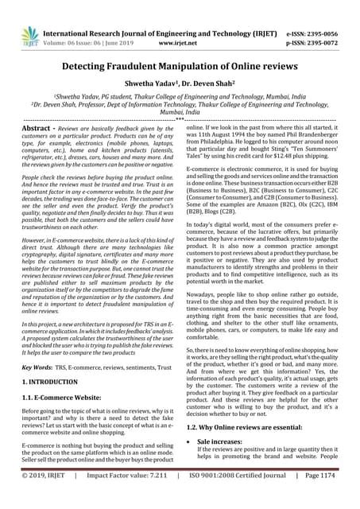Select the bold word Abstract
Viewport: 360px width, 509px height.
click(42, 127)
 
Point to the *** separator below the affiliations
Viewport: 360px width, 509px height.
click(180, 119)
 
